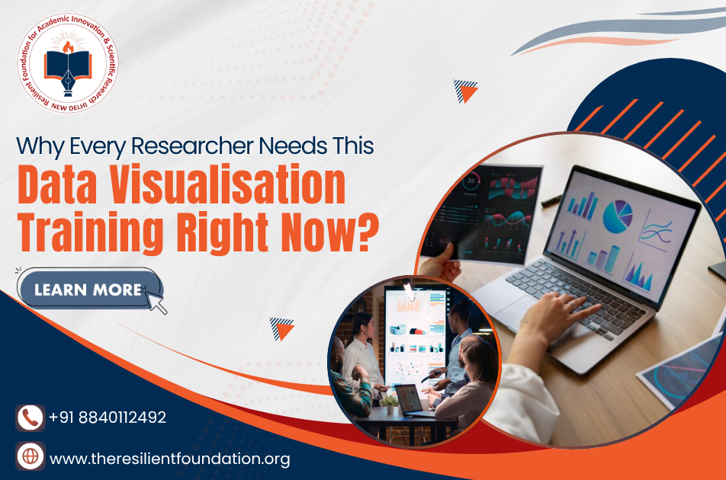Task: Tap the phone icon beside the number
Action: [x=31, y=418]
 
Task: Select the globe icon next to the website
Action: [x=31, y=456]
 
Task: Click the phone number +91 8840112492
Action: [x=108, y=418]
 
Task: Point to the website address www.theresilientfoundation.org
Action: [x=170, y=459]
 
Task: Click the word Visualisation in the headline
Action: [x=227, y=184]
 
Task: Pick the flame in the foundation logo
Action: [x=68, y=46]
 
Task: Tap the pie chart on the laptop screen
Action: [x=618, y=216]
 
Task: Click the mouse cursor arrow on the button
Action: [x=156, y=301]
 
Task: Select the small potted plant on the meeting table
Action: [x=390, y=403]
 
